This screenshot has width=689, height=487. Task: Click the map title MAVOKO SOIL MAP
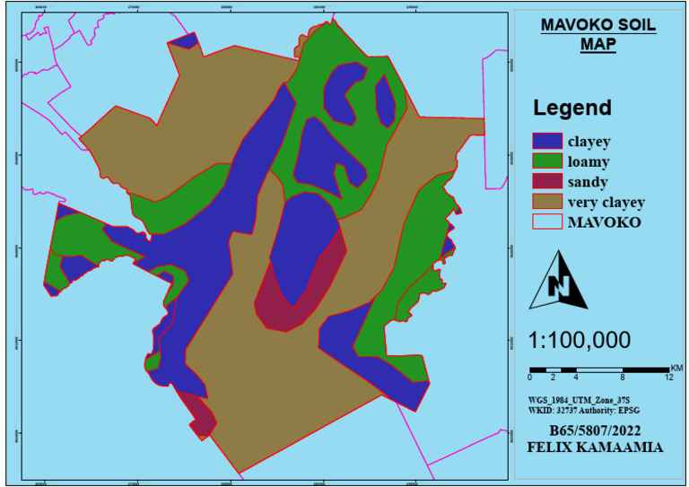tap(597, 34)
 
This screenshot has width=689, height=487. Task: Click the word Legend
tap(572, 109)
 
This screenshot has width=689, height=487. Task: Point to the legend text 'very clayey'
tap(606, 202)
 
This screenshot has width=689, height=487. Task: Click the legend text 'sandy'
tap(587, 182)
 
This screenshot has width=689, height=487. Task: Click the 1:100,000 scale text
tap(579, 341)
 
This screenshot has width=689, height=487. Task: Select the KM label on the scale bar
tap(676, 368)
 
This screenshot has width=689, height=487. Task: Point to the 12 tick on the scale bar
tap(669, 378)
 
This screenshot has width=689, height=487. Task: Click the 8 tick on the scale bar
tap(623, 378)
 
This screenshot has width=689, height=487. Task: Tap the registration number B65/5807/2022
tap(597, 430)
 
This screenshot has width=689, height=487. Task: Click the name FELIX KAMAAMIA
tap(597, 446)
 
